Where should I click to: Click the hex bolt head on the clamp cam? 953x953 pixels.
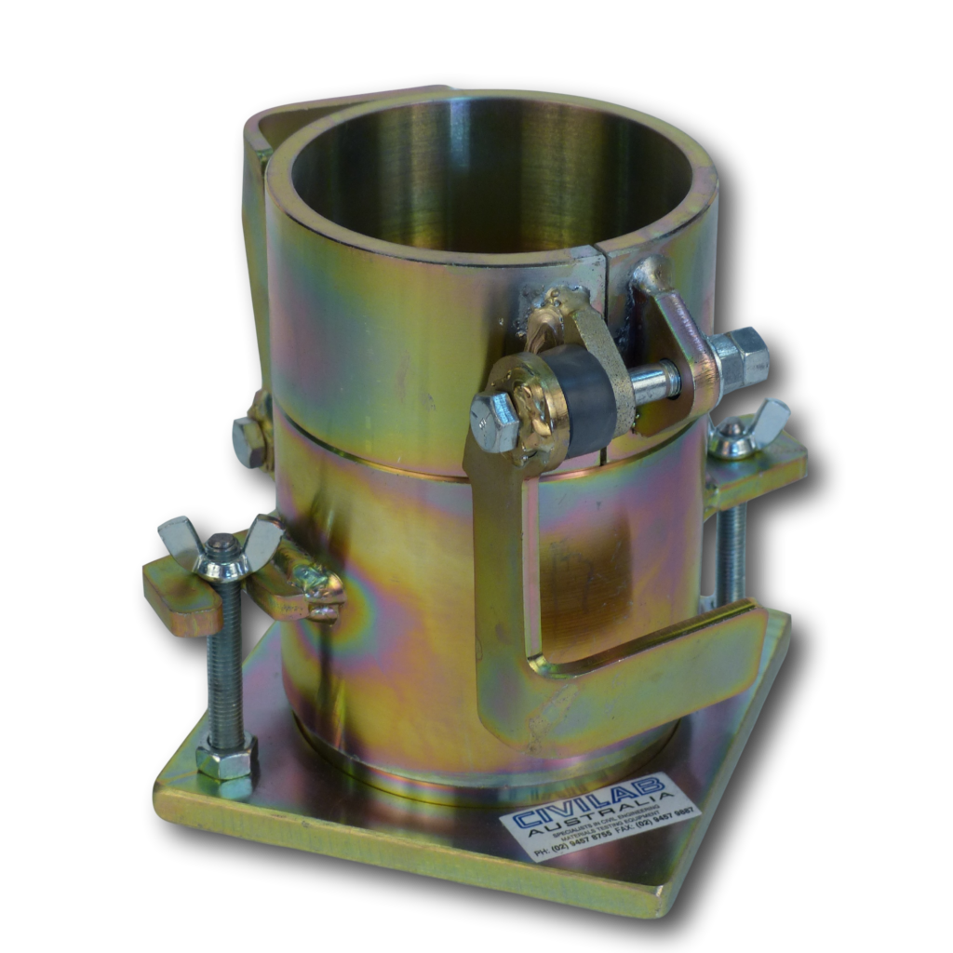tap(494, 420)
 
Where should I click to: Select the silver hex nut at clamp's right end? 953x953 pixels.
tap(741, 358)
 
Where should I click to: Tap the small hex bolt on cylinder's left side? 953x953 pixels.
tap(248, 441)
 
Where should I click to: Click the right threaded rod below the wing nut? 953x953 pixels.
tap(731, 549)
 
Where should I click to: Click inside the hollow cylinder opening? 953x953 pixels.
tap(484, 177)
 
